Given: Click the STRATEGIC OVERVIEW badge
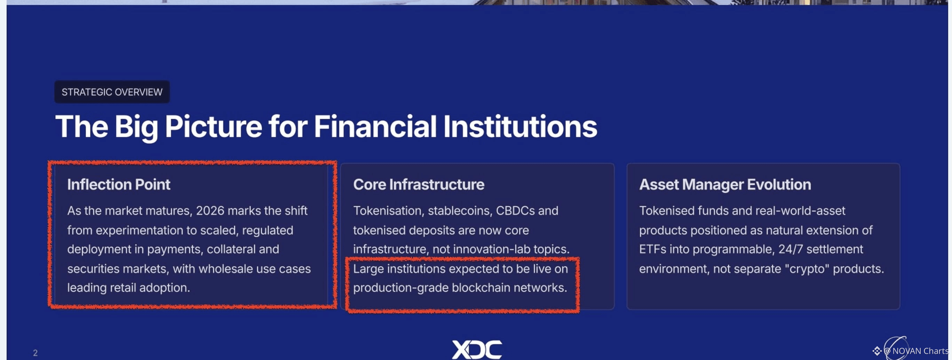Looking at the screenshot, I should coord(112,92).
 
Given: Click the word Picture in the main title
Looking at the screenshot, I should coord(213,127).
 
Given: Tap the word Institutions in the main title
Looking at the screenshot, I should coord(519,127).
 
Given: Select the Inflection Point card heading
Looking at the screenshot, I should coord(119,185).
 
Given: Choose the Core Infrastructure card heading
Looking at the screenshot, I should coord(418,185).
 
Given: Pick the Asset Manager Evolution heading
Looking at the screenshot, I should coord(725,185).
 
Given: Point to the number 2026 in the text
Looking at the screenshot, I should coord(210,211).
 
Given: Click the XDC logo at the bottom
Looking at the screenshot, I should coord(477,349).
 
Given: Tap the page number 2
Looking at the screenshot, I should coord(35,353).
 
